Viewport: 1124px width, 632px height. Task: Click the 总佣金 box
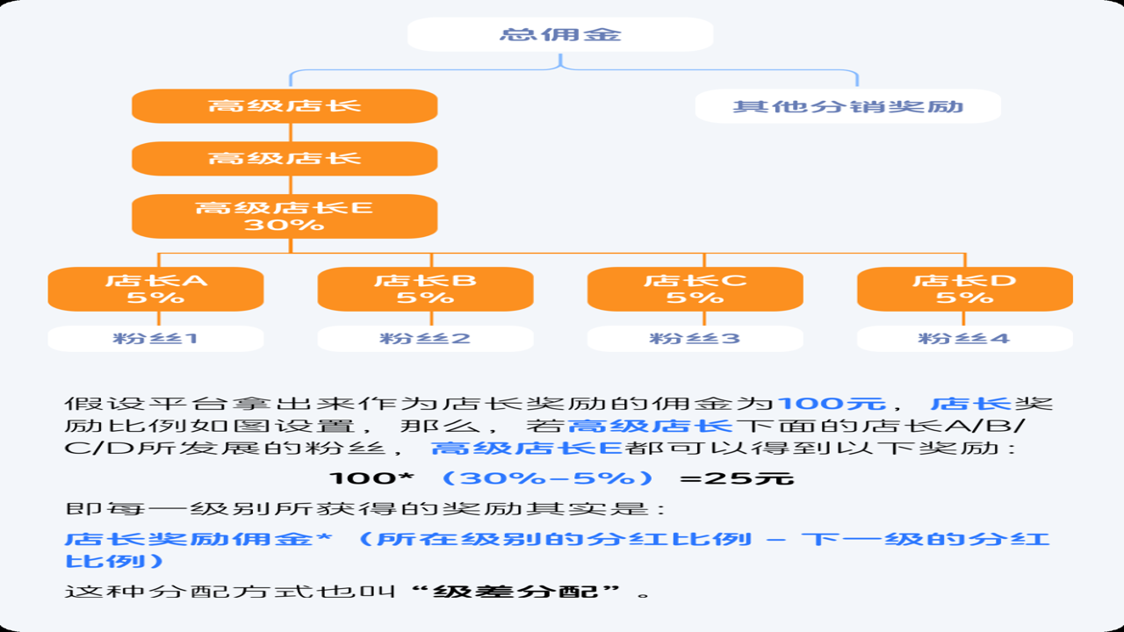pos(560,34)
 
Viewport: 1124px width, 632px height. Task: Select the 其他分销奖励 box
pos(848,106)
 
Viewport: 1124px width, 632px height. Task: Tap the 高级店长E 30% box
pos(285,216)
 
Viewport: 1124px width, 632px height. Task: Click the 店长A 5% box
pos(155,289)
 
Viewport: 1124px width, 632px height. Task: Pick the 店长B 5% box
pos(426,289)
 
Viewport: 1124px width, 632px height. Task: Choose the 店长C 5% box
pos(695,289)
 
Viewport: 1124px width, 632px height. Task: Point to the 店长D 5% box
pos(965,289)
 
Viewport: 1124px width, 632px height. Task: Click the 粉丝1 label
pos(155,339)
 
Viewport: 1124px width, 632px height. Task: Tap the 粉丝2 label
pos(426,339)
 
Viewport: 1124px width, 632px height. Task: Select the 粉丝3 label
pos(695,339)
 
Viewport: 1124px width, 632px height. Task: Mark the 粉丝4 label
pos(965,339)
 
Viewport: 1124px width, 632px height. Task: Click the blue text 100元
pos(832,404)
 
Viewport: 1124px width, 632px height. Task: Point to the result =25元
pos(737,478)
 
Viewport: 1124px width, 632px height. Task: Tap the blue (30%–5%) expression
pos(547,478)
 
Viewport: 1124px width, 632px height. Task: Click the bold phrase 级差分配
pos(515,592)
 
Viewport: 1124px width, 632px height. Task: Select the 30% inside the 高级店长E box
pos(285,225)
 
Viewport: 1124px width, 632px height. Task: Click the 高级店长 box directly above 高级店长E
pos(285,159)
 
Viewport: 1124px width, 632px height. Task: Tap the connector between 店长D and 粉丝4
pos(963,319)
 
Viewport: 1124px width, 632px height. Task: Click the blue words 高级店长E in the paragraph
pos(527,448)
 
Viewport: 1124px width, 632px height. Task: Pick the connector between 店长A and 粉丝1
pos(159,319)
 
